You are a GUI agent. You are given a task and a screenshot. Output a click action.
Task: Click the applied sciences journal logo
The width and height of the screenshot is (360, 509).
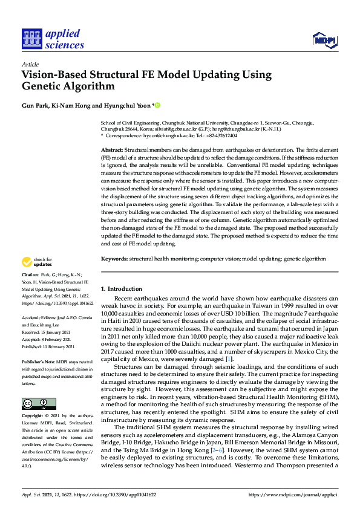[53, 38]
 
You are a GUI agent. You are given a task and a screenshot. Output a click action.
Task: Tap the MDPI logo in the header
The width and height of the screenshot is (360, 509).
[324, 41]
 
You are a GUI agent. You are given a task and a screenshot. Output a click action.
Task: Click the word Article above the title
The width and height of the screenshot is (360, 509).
[30, 64]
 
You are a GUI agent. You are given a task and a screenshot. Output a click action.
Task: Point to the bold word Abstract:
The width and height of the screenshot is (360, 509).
[112, 149]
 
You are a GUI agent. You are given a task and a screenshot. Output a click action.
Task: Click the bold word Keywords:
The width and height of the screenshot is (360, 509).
[114, 258]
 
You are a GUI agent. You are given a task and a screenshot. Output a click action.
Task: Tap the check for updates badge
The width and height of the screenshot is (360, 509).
[37, 262]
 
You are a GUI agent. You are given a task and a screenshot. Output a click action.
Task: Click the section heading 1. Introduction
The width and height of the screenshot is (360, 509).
[122, 289]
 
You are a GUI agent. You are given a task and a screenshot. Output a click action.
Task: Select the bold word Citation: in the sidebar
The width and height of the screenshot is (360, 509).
[31, 275]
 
